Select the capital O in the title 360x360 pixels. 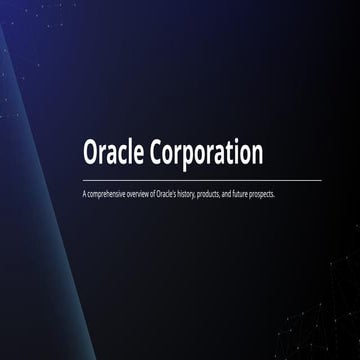click(92, 154)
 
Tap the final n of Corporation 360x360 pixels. click(256, 156)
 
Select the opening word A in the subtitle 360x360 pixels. click(86, 193)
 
